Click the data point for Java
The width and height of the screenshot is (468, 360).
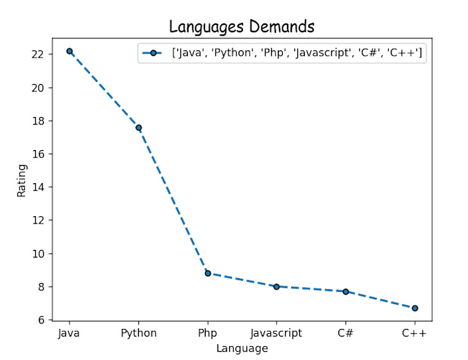point(70,51)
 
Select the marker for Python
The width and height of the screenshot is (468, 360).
point(138,127)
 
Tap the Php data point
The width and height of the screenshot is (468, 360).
point(208,273)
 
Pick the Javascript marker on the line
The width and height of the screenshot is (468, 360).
point(277,286)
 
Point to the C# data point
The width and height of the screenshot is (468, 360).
point(345,291)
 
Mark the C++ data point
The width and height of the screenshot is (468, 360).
point(415,308)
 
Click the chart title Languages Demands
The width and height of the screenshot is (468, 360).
point(242,27)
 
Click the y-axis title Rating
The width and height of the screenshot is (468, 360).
point(23,180)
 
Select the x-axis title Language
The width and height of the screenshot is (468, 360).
point(242,348)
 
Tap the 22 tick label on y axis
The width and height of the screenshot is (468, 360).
point(39,54)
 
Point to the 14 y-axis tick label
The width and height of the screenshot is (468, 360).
point(39,187)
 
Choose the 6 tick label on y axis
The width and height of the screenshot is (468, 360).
point(41,320)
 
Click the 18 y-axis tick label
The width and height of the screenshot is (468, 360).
point(39,121)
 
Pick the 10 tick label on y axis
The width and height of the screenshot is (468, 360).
point(39,254)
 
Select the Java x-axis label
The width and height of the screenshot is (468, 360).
point(70,333)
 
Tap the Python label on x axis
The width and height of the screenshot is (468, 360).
point(138,333)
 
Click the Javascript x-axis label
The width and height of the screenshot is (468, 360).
point(277,333)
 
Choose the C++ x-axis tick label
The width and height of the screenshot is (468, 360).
point(415,333)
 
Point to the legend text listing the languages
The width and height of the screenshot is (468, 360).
point(297,53)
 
